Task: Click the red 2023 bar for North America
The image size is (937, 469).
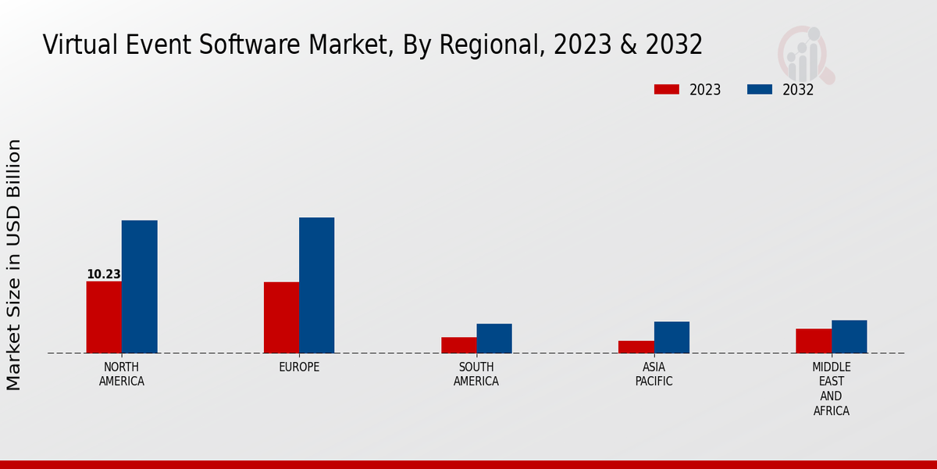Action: pos(104,317)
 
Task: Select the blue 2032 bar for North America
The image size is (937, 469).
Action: pos(139,286)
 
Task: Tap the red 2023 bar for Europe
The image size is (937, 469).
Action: pos(281,317)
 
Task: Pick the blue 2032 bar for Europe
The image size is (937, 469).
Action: pos(316,285)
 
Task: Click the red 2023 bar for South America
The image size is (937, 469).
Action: pos(458,345)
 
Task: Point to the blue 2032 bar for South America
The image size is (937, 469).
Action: pos(494,338)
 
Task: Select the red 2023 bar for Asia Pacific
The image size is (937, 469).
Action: pos(636,346)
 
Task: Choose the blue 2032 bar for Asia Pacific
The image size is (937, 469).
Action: pos(672,337)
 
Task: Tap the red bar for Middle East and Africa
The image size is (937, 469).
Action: pos(814,341)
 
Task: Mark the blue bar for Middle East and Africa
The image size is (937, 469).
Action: pos(849,336)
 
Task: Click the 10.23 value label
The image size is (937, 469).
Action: pos(103,274)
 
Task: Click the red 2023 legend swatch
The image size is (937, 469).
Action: pos(666,89)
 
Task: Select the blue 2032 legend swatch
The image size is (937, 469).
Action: pos(759,89)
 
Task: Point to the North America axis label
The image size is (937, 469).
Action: pos(121,374)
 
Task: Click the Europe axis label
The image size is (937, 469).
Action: pos(299,367)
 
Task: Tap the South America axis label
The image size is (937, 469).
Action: pos(476,374)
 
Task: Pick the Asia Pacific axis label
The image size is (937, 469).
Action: pos(654,374)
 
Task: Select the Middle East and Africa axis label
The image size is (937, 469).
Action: pos(831,388)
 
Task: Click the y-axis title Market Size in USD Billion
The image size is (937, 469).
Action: pos(14,264)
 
